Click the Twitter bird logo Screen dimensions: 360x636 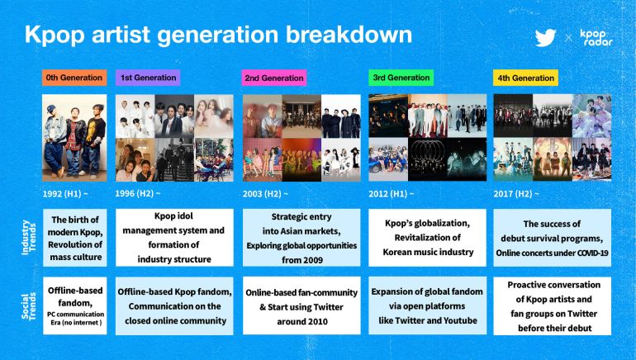click(x=546, y=37)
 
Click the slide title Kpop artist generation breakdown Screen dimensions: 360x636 click(x=218, y=36)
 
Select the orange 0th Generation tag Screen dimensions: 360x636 click(x=74, y=78)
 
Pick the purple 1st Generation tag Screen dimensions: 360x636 click(x=149, y=78)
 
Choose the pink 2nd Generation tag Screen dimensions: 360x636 click(x=274, y=78)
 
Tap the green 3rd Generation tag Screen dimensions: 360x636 click(x=400, y=78)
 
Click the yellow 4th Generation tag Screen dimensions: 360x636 click(x=526, y=78)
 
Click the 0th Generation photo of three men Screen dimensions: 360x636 click(x=74, y=137)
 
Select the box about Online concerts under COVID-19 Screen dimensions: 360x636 click(x=553, y=238)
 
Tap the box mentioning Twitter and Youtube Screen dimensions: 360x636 click(x=427, y=306)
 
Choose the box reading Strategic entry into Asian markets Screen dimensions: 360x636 click(x=301, y=238)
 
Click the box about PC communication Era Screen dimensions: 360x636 click(x=74, y=306)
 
